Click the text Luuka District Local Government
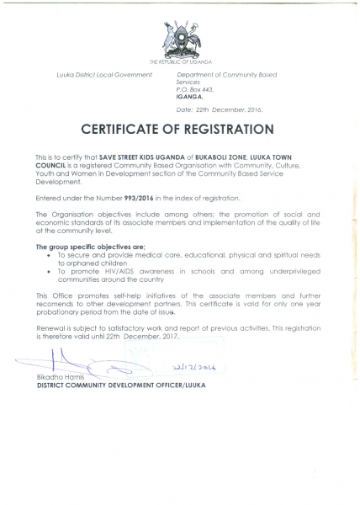coord(103,75)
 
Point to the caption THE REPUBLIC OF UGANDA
coord(180,62)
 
